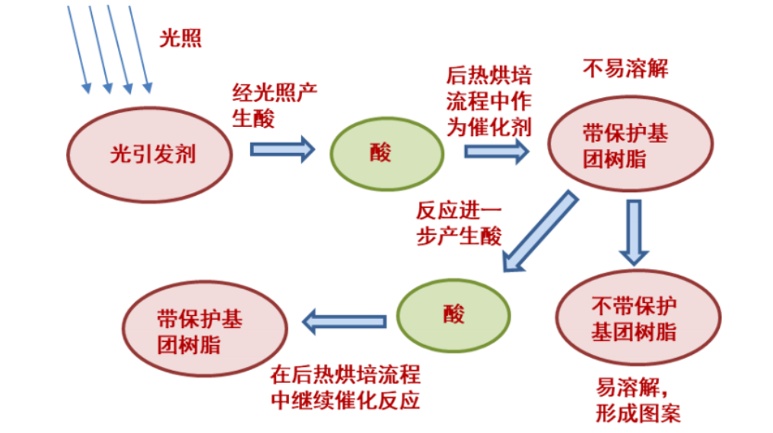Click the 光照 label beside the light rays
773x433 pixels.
(x=180, y=39)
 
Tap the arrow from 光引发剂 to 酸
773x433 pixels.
(x=282, y=148)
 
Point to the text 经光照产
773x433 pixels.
(x=275, y=94)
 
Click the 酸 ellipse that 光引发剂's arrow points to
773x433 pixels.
(x=386, y=153)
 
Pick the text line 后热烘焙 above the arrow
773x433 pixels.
(x=489, y=77)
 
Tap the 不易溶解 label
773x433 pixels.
(x=625, y=69)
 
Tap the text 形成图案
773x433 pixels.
(x=638, y=414)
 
